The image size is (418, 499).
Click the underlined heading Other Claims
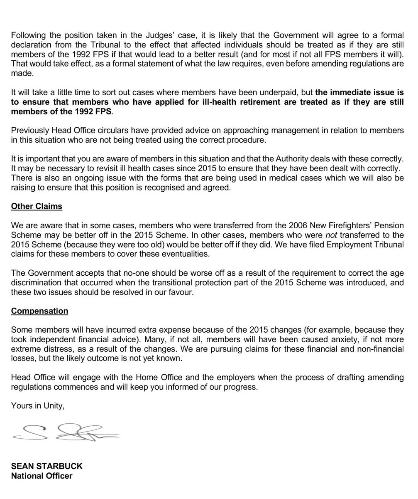[x=37, y=206]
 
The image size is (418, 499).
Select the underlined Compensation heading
[x=39, y=311]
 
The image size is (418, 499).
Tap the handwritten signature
[x=66, y=432]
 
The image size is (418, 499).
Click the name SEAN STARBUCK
[x=47, y=466]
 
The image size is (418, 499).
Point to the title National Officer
[x=42, y=476]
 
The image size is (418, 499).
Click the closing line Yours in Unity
[x=38, y=406]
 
